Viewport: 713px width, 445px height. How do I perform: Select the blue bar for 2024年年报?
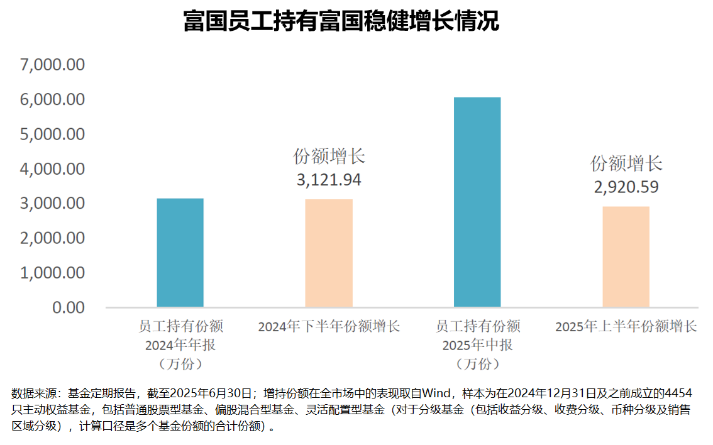[180, 253]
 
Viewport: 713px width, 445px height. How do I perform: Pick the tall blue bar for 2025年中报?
[477, 202]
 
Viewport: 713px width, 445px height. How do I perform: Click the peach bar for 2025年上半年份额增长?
[626, 256]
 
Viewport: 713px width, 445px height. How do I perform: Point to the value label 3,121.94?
[329, 180]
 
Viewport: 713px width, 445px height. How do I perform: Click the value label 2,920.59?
[626, 187]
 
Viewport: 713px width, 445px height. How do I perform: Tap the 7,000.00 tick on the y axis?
[53, 65]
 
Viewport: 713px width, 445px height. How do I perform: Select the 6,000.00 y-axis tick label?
[53, 99]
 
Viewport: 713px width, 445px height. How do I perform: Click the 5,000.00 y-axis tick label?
[53, 134]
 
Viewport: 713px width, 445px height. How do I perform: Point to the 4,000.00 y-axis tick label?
[53, 169]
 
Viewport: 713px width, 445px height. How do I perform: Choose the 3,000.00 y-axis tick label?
[53, 204]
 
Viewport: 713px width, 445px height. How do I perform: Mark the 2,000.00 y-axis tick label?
[53, 238]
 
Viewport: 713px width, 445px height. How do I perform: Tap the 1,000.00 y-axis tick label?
[53, 273]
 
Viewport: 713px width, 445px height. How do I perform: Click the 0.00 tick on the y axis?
[67, 307]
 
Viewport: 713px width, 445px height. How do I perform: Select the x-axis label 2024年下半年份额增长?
[329, 327]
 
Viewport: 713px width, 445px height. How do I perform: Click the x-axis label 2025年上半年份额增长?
[626, 327]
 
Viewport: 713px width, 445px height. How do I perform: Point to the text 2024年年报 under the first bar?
[180, 345]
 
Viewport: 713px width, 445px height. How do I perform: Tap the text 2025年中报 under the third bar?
[477, 345]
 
